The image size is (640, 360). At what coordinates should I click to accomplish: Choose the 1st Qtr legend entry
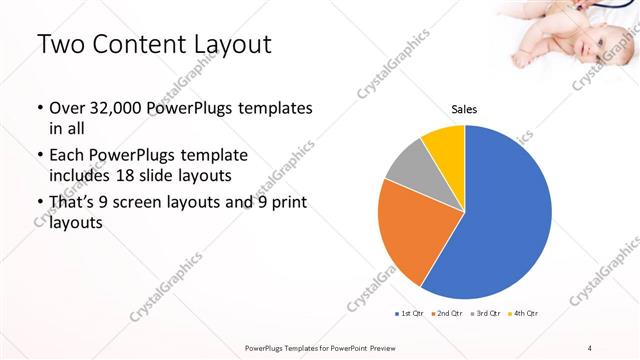click(x=409, y=313)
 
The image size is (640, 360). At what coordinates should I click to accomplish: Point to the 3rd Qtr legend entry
click(x=485, y=313)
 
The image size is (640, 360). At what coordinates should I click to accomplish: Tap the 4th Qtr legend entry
click(x=523, y=313)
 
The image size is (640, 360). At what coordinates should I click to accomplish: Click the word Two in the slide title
click(x=62, y=46)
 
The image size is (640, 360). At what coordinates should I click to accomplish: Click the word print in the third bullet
click(x=285, y=203)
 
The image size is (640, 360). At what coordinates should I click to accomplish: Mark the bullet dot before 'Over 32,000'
click(x=39, y=108)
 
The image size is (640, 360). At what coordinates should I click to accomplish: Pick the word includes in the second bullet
click(x=80, y=176)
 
